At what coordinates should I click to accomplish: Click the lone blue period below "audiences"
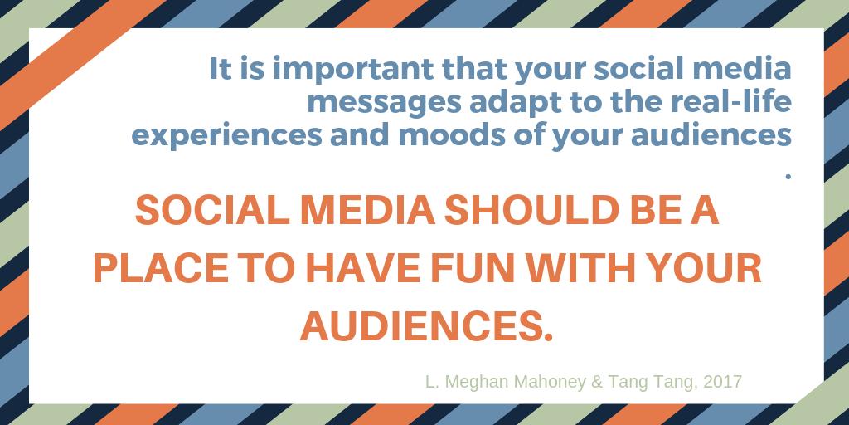click(787, 175)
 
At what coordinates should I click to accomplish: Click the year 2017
click(722, 383)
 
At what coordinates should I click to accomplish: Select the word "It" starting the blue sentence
click(219, 69)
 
